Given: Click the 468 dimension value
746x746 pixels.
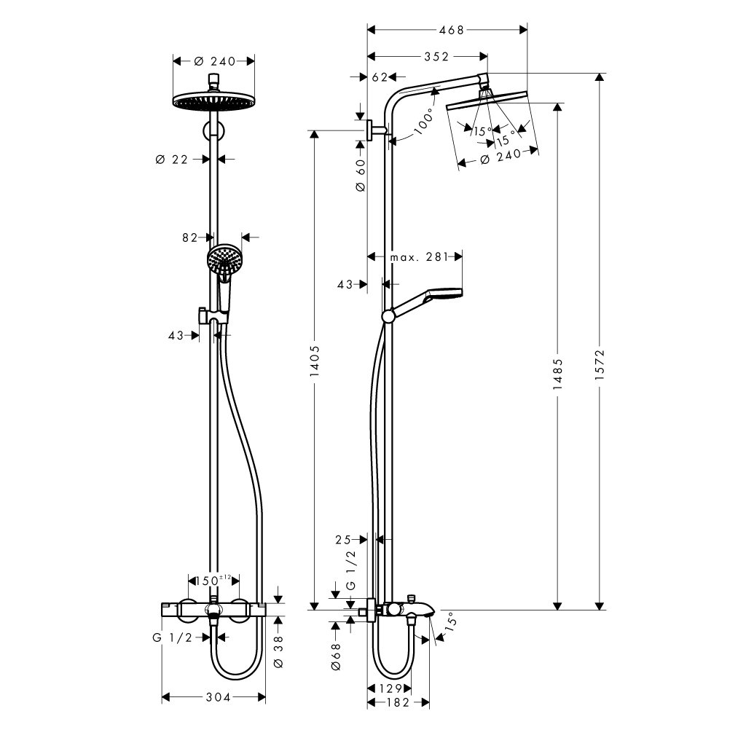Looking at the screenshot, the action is click(451, 30).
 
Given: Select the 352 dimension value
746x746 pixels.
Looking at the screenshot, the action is click(436, 57).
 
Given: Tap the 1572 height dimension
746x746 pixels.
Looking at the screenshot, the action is click(600, 364).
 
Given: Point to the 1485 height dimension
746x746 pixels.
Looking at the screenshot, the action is click(557, 374).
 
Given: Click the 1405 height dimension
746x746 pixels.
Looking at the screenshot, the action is click(315, 361).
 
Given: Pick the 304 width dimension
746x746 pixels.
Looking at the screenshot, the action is click(218, 697).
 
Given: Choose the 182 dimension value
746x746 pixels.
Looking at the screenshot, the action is click(398, 702).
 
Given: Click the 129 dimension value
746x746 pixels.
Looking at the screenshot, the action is click(390, 688).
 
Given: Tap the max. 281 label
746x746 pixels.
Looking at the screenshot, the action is click(419, 257).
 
